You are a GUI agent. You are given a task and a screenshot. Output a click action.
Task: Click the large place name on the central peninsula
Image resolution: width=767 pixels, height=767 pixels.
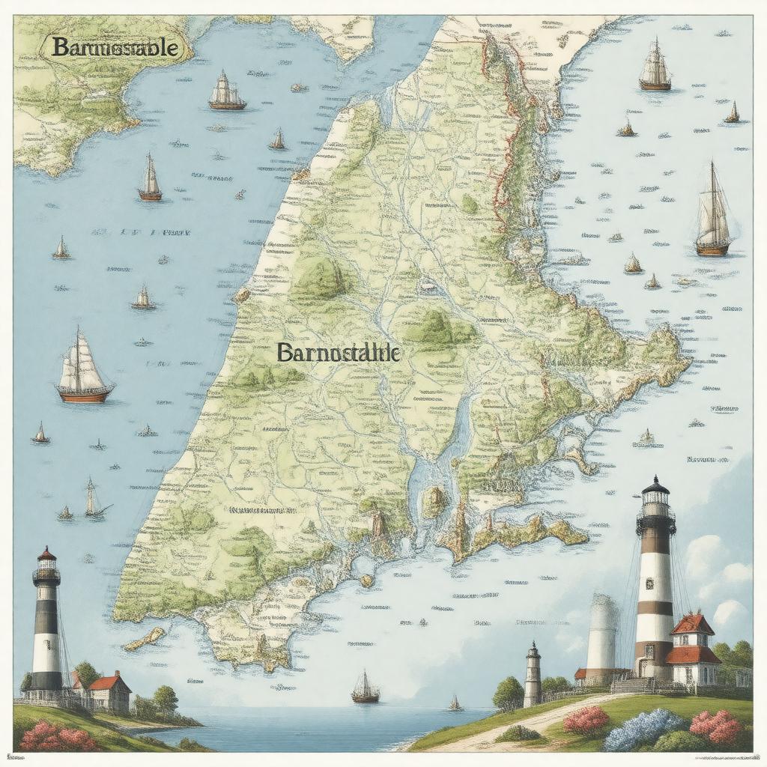[339, 353]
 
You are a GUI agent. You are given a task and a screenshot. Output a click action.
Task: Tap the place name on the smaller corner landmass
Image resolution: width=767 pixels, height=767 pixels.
[115, 48]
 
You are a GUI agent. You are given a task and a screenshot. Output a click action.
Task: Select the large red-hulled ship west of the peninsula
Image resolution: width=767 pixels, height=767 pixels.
[84, 371]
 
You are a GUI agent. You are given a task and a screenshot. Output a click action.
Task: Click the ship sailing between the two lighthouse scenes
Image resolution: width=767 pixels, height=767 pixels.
[366, 688]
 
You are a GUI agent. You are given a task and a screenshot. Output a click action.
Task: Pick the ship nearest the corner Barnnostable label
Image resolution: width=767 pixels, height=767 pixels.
[227, 91]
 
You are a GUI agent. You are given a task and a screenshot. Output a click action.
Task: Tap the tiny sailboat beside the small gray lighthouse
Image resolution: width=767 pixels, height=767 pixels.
[455, 703]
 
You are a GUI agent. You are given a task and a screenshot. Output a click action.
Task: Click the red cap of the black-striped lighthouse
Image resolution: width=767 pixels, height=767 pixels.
[46, 555]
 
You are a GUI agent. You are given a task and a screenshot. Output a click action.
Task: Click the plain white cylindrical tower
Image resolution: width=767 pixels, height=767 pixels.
[602, 634]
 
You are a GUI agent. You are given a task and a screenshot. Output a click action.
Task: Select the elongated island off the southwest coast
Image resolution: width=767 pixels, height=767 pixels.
[145, 639]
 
